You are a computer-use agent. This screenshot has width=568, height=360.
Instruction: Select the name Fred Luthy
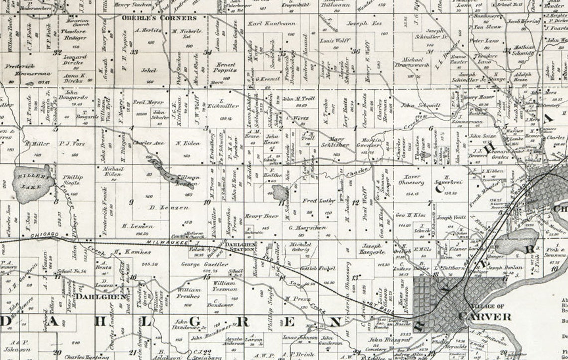[315, 201]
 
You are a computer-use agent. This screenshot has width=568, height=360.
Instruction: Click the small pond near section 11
[281, 192]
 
